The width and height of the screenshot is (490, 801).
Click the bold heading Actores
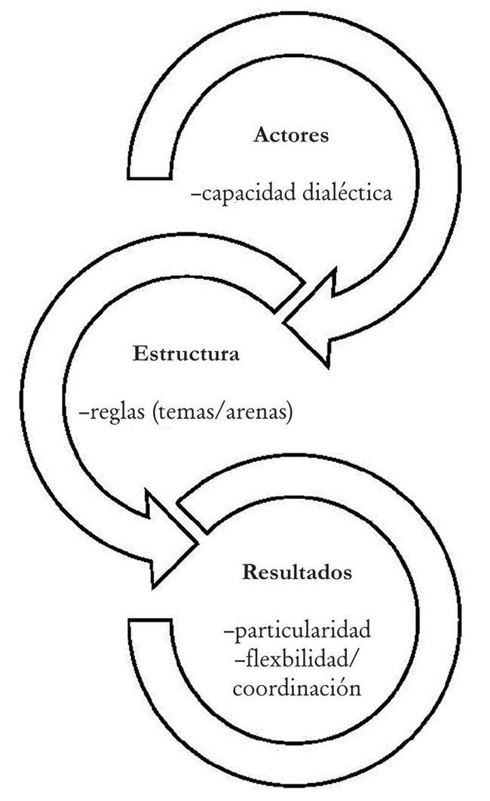(x=291, y=136)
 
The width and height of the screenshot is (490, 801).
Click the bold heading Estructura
(x=185, y=353)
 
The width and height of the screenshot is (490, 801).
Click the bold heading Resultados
(x=297, y=572)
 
